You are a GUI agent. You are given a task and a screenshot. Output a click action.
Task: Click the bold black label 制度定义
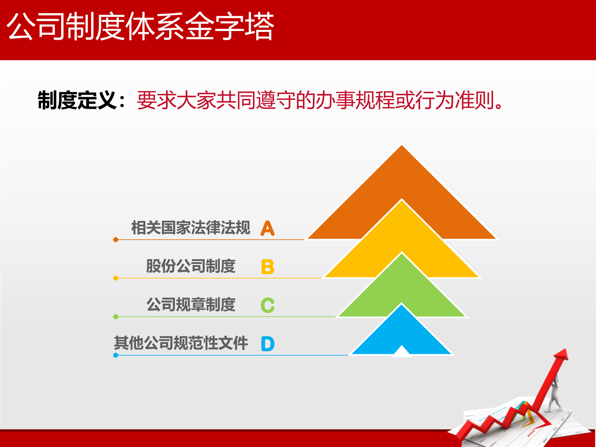(x=77, y=100)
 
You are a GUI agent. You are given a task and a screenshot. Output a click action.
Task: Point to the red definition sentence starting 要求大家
(x=320, y=100)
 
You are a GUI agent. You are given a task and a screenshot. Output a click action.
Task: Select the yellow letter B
(x=268, y=267)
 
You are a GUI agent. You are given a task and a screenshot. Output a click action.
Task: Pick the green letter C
(x=267, y=305)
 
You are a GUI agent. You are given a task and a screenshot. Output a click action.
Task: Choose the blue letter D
(x=268, y=344)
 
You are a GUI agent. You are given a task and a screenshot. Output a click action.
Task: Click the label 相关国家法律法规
(x=191, y=228)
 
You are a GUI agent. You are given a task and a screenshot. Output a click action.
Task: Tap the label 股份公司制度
(x=191, y=266)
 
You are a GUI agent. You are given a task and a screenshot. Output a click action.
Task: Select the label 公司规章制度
(x=191, y=305)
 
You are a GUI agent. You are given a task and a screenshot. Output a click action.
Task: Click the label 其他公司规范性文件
(x=181, y=343)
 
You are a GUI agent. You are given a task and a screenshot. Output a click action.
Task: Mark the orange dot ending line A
(x=116, y=240)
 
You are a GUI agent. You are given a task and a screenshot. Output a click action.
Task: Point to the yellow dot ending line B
(x=116, y=278)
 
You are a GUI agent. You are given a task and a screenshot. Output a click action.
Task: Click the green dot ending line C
(x=116, y=317)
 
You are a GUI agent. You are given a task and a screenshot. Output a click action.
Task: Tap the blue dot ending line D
(x=116, y=355)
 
